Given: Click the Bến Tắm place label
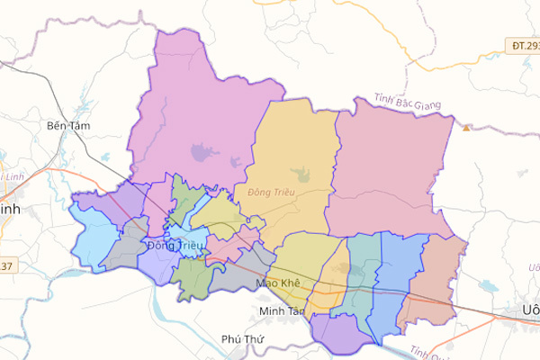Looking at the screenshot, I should click(69, 126).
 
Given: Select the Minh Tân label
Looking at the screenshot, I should click(281, 310).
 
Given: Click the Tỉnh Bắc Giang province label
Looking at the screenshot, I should click(409, 103).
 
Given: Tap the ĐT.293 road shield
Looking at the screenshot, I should click(524, 45).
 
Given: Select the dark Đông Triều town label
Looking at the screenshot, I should click(175, 245).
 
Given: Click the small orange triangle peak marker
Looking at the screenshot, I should click(466, 128).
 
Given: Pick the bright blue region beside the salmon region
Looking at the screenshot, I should click(396, 279).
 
